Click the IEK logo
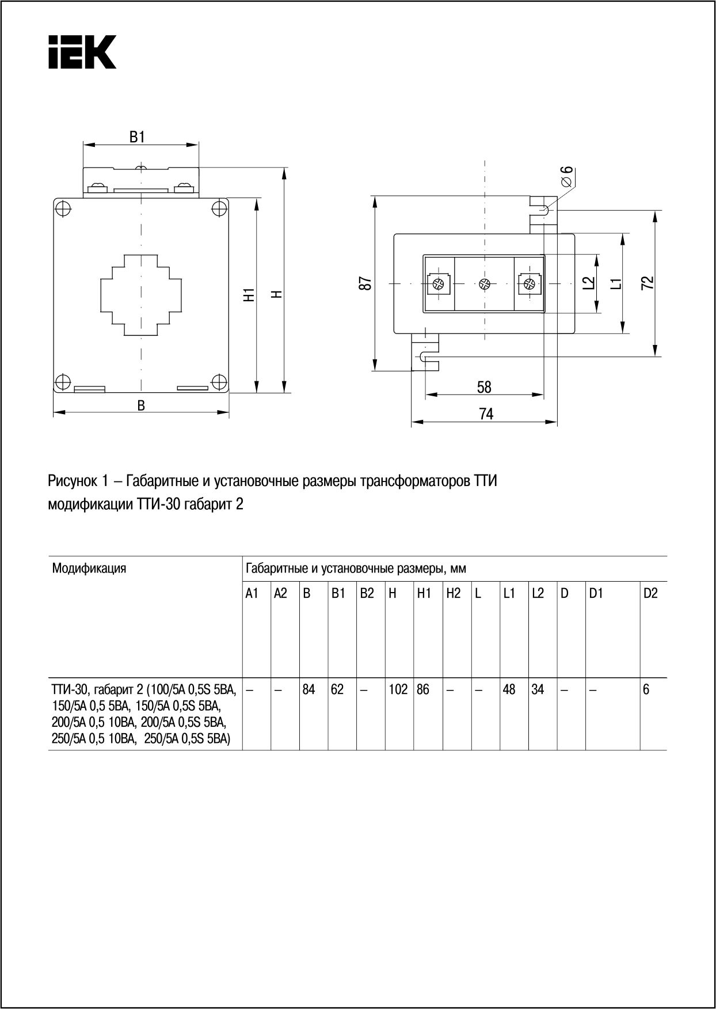82,52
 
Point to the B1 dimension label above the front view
136,137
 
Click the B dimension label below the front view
141,405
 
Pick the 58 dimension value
484,387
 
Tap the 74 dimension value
486,414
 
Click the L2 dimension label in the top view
588,283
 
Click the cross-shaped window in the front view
141,295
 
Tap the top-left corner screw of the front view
63,208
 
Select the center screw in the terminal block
484,283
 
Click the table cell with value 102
398,689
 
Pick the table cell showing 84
309,689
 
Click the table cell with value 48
509,689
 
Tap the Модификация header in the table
89,568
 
